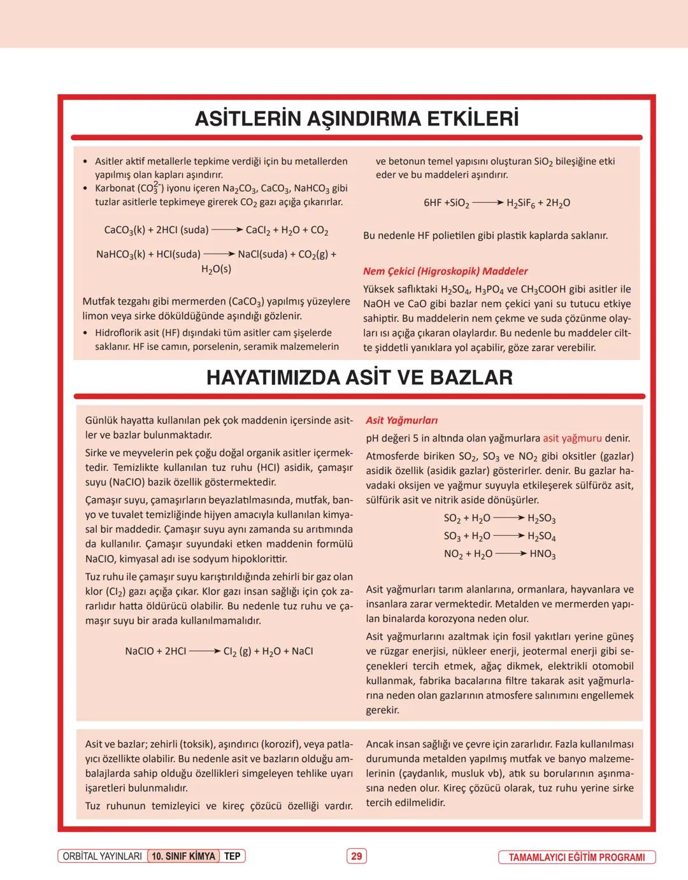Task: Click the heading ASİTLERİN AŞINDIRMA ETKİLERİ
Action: tap(356, 119)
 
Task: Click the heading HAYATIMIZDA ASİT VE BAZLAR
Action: tap(359, 378)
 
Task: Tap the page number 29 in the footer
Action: tap(356, 856)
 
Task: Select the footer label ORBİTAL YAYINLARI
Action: tap(102, 856)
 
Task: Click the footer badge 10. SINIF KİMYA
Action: tap(183, 856)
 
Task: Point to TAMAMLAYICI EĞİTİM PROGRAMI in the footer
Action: tap(577, 857)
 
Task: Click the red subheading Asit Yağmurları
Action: tap(401, 421)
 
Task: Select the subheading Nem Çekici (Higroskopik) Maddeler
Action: tap(445, 271)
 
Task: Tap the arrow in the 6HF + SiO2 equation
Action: tap(487, 203)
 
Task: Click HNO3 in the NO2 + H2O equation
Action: tap(542, 554)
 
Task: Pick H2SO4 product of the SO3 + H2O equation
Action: tap(541, 537)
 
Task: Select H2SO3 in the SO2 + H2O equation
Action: tap(541, 519)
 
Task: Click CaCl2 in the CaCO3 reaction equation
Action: tap(258, 230)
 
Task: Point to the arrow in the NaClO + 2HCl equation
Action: tap(204, 651)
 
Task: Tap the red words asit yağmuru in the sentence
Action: tap(572, 438)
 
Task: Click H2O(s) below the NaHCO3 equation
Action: tap(216, 270)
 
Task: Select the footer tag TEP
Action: tap(232, 856)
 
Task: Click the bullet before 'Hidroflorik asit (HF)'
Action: tap(85, 333)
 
